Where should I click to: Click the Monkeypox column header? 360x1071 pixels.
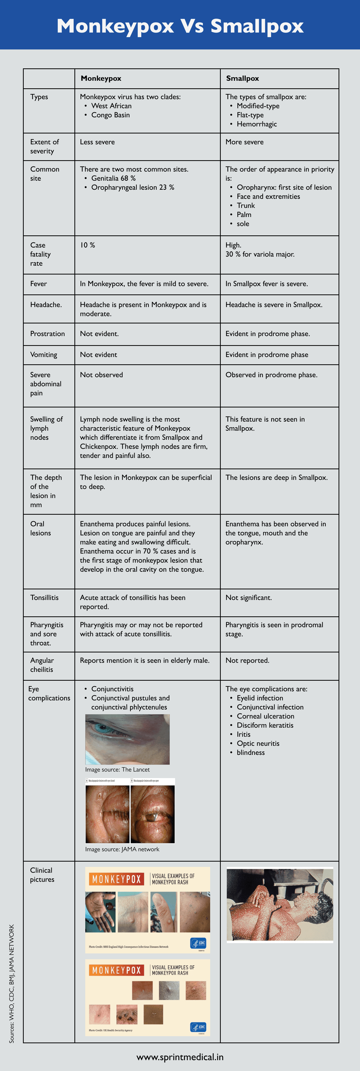101,78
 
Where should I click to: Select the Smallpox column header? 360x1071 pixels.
242,78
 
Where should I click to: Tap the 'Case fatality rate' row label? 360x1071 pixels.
40,254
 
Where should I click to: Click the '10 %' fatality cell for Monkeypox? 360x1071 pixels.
87,245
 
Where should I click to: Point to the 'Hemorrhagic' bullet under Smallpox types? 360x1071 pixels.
257,124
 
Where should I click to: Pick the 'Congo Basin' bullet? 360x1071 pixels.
110,115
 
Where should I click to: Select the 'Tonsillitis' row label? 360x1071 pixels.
44,597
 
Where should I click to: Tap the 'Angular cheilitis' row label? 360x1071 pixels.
42,665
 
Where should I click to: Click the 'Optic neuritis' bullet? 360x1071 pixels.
258,743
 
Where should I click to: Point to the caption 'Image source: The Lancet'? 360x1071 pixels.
117,770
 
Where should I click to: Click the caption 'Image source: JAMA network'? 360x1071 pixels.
122,849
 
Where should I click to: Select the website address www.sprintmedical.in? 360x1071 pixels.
180,1056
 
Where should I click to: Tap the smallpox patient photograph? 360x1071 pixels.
280,904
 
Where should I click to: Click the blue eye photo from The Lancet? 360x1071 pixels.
127,739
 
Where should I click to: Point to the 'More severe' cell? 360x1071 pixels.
244,142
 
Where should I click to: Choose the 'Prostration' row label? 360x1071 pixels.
47,334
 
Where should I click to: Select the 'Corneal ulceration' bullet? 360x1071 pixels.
265,716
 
